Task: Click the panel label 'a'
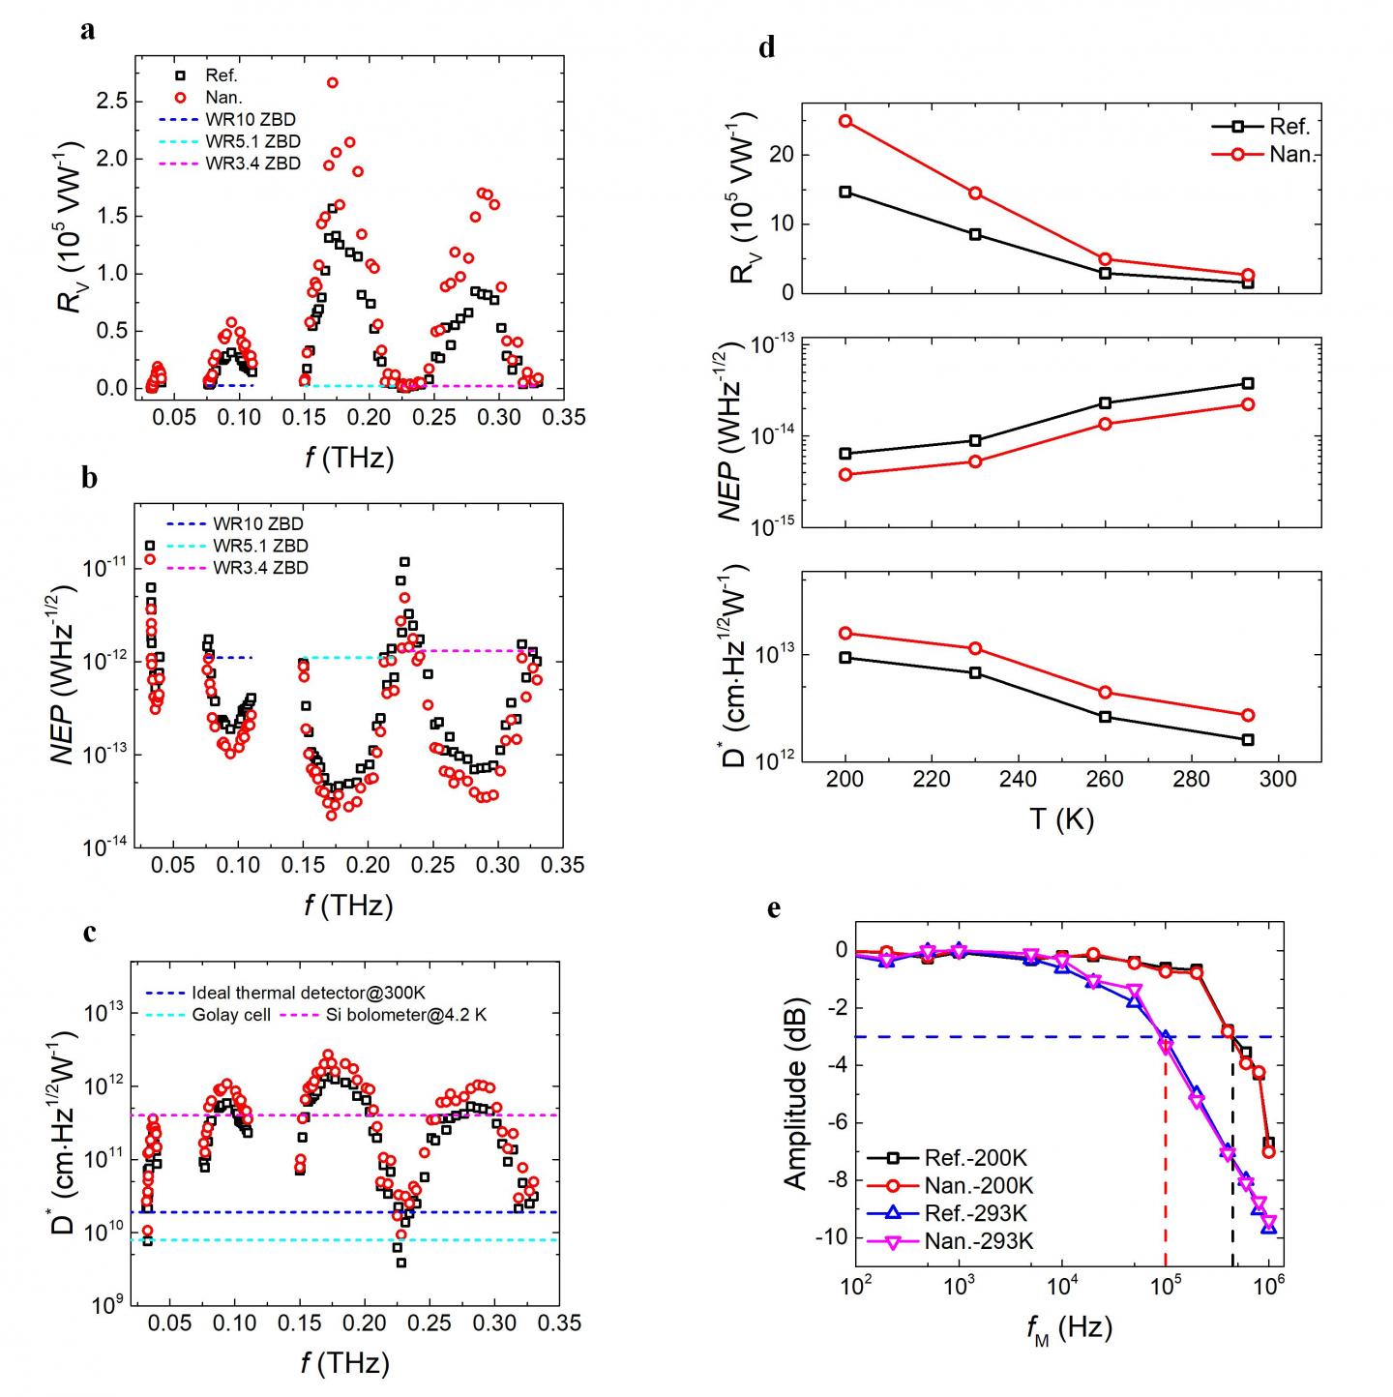(88, 31)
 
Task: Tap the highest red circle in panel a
(332, 83)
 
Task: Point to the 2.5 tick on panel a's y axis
(106, 101)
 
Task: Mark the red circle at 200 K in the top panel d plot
(845, 121)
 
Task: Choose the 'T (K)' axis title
(1060, 819)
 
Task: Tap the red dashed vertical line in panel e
(1166, 1161)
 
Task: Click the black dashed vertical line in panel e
(1232, 1161)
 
